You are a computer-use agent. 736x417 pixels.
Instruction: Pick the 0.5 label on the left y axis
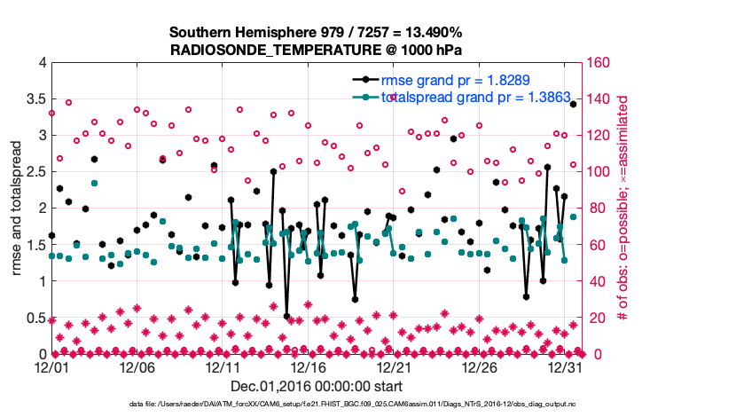coord(35,319)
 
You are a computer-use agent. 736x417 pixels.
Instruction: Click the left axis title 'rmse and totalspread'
coord(17,208)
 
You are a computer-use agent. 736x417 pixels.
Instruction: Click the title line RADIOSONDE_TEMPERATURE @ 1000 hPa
coord(316,50)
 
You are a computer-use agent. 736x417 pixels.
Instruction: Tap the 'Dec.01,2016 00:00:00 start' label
coord(317,386)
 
